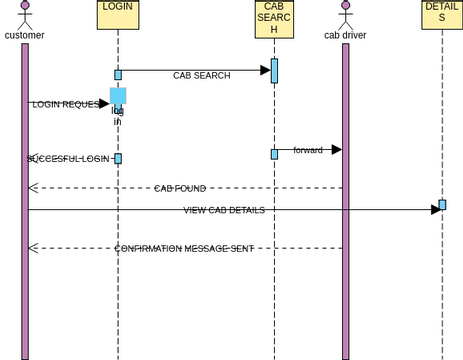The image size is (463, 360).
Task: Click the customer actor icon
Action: (x=25, y=14)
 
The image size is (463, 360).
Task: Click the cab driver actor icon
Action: (x=345, y=14)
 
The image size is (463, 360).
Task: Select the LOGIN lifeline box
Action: (x=117, y=14)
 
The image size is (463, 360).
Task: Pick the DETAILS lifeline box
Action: (x=441, y=14)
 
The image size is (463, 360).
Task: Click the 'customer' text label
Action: (x=25, y=36)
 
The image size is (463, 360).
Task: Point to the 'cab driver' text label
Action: (x=345, y=36)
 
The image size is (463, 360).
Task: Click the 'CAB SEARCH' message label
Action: (x=201, y=75)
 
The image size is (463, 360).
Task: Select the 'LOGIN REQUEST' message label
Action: (x=65, y=104)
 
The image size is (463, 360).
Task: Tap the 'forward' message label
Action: (x=308, y=150)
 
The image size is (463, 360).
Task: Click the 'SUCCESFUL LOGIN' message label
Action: (x=68, y=159)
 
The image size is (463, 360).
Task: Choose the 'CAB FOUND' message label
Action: (x=180, y=188)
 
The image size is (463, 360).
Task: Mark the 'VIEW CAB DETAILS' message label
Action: (x=224, y=210)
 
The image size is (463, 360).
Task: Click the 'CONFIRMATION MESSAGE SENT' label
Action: (x=183, y=248)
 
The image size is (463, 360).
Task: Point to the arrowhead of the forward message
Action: (x=336, y=150)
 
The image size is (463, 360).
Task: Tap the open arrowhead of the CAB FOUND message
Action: (x=33, y=188)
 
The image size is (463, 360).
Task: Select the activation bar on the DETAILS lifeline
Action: (x=442, y=205)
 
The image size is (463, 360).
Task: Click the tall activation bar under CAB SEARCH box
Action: (x=274, y=71)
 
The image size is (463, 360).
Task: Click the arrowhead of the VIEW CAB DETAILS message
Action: (x=435, y=209)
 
